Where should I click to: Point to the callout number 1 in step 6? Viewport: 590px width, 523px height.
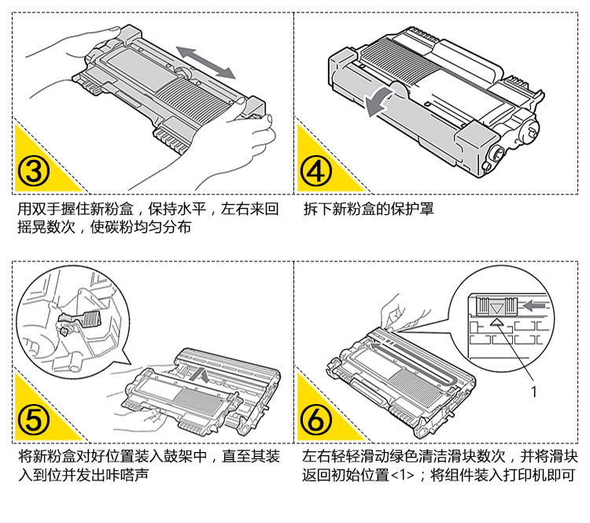[x=534, y=388]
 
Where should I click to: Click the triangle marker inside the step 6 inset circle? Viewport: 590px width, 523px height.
[x=497, y=321]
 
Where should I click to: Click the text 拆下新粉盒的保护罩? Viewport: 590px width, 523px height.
[x=368, y=210]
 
